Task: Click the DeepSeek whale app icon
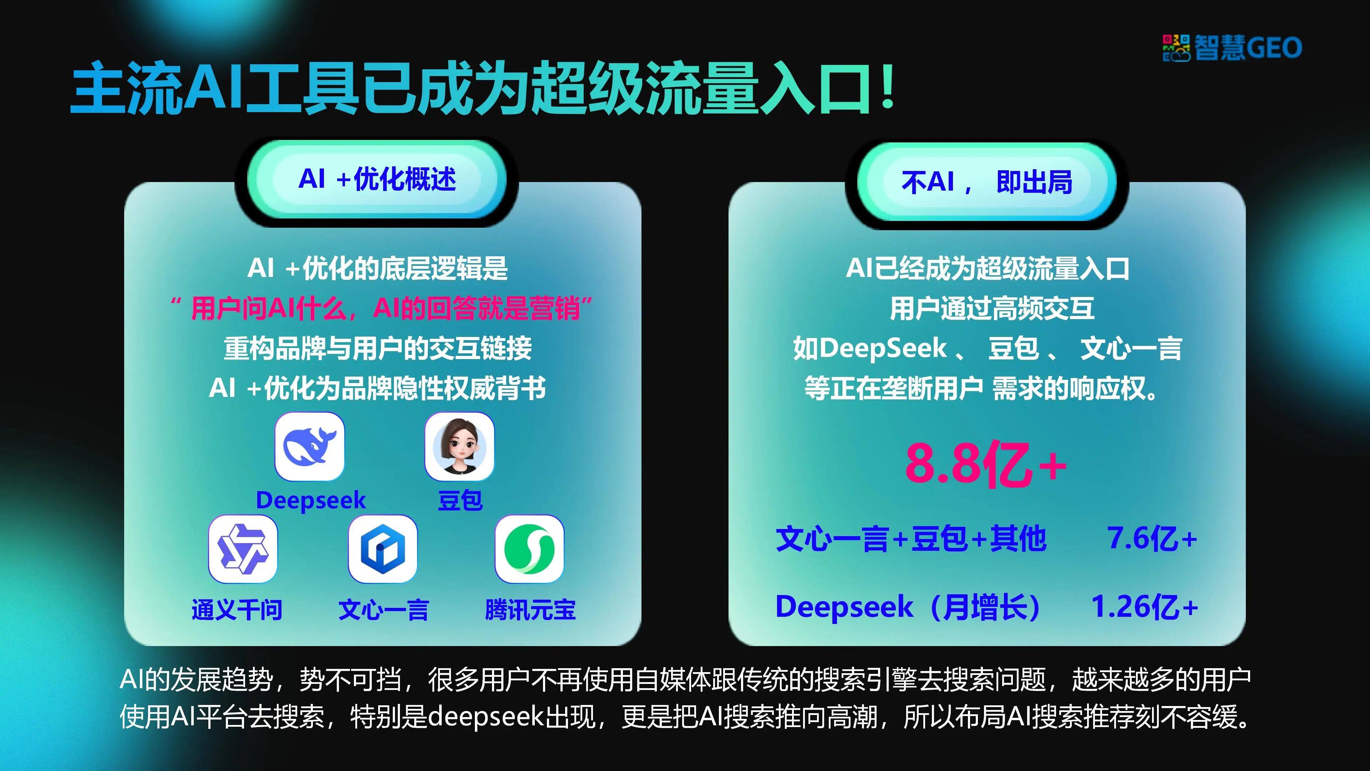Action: (310, 447)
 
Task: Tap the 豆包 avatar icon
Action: (460, 447)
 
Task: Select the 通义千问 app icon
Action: (243, 549)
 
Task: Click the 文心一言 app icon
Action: (383, 549)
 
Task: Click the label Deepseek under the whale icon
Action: (311, 500)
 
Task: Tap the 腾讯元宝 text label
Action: (530, 609)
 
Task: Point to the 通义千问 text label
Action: (237, 609)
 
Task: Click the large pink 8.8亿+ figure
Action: (986, 464)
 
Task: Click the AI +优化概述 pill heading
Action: (377, 179)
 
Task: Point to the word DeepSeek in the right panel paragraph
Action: (883, 348)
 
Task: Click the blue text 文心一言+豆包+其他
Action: (911, 539)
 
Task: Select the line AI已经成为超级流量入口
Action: (988, 268)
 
